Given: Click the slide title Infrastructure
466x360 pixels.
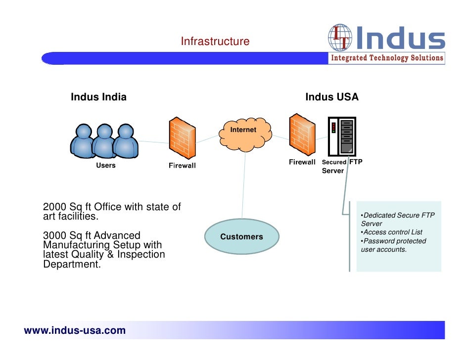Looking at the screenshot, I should coord(215,42).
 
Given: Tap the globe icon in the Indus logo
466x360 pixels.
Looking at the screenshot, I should coord(340,38).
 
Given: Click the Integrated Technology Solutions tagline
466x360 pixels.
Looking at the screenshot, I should coord(387,58).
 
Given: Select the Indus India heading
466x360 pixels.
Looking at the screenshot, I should coord(98,97).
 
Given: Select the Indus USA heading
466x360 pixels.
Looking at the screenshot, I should coord(331,97).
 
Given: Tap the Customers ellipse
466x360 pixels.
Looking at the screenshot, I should coord(241,237).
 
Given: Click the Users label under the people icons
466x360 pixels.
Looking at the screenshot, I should coord(105,165).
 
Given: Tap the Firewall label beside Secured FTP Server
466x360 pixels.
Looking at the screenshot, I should coord(302,162).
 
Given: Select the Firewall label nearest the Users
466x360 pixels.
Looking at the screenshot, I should coord(182,166).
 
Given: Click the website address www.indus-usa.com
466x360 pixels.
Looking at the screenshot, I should coord(75,330).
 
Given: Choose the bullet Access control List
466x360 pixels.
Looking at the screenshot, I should coord(392,232).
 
